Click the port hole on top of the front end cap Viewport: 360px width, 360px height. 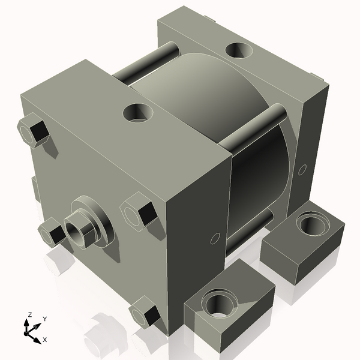[x=138, y=112]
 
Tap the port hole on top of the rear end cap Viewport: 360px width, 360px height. [x=238, y=50]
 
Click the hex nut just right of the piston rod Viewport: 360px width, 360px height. [x=140, y=213]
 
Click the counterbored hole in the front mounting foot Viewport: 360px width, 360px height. [x=217, y=303]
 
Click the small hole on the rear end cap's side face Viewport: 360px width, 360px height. [x=302, y=169]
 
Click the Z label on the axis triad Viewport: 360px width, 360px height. [x=29, y=314]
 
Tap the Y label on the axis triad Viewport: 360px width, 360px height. [x=45, y=319]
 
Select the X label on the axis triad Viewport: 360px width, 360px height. [x=44, y=340]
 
